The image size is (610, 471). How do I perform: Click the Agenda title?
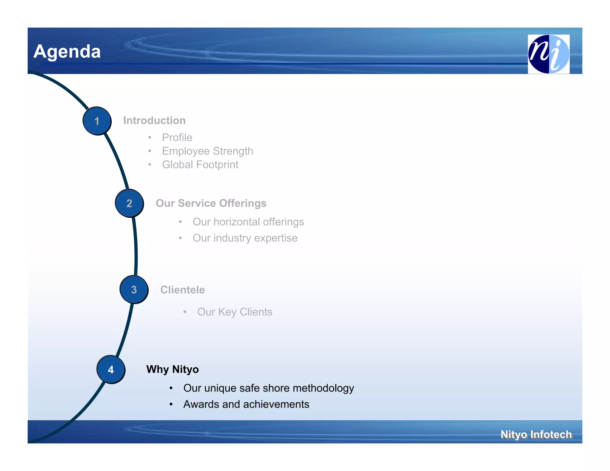[67, 51]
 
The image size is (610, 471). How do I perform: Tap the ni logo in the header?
[548, 54]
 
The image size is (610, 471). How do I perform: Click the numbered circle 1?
[97, 121]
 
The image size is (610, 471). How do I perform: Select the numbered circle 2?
[129, 203]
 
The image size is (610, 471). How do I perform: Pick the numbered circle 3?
[134, 290]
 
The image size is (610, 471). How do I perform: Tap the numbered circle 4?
[111, 369]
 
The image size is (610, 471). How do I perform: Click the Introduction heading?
[154, 121]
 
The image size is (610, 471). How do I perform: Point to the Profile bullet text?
[177, 138]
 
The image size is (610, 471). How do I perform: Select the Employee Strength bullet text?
[207, 151]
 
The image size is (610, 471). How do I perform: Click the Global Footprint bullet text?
[200, 165]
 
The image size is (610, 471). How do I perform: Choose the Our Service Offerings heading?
[211, 203]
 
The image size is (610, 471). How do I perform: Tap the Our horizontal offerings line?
[248, 222]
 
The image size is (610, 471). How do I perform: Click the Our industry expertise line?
[245, 238]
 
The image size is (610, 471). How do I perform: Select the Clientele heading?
[182, 290]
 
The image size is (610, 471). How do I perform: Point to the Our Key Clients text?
[235, 312]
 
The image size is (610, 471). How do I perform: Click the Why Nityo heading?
[172, 369]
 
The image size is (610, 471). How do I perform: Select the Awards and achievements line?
[246, 404]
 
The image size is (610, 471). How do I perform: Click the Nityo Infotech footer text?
[536, 434]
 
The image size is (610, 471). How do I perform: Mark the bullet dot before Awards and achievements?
[171, 404]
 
